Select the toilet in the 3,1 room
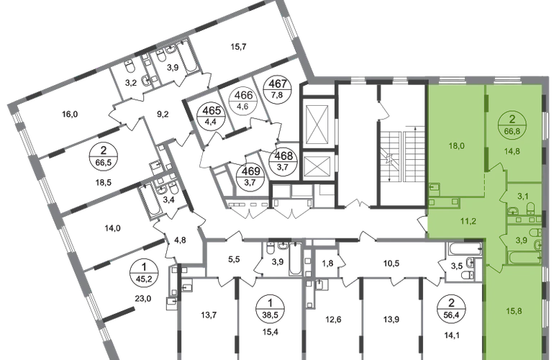[528, 210]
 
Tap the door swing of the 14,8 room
[496, 167]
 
